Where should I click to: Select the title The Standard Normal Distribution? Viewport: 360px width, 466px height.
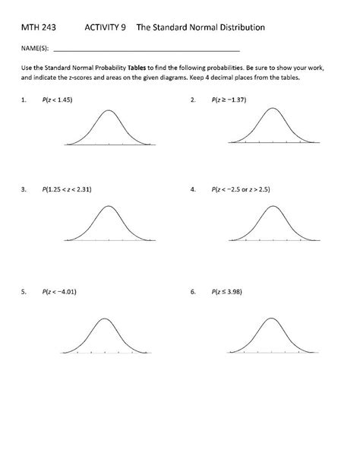201,27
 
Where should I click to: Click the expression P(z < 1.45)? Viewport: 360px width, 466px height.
62,99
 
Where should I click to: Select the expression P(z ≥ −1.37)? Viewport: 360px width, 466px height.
232,99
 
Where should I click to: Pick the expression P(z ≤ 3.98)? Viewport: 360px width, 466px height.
231,291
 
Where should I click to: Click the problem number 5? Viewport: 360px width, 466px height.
24,291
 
